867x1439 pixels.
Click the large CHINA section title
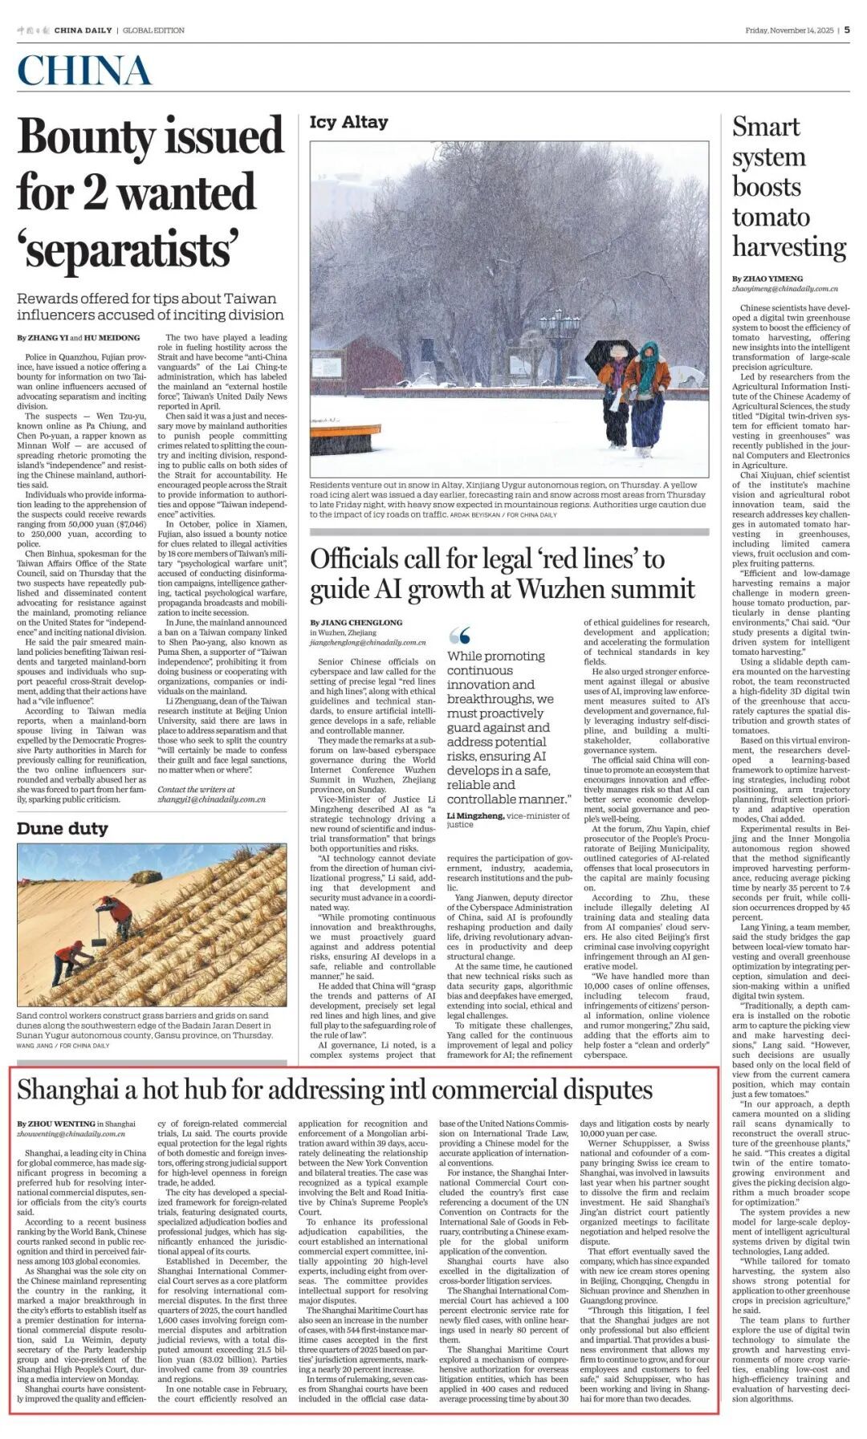[84, 71]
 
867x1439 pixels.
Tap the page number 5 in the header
[847, 30]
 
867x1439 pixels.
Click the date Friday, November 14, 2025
[789, 30]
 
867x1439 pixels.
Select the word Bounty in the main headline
[90, 137]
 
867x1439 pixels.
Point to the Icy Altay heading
[348, 122]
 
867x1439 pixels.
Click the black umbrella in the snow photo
[609, 352]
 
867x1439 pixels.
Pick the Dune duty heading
[62, 828]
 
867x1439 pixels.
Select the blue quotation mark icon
[459, 636]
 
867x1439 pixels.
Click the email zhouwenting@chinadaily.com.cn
[71, 1134]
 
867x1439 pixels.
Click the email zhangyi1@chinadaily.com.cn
[211, 799]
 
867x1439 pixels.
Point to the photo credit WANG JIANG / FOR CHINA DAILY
[63, 1046]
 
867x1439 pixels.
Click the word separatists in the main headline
[128, 250]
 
